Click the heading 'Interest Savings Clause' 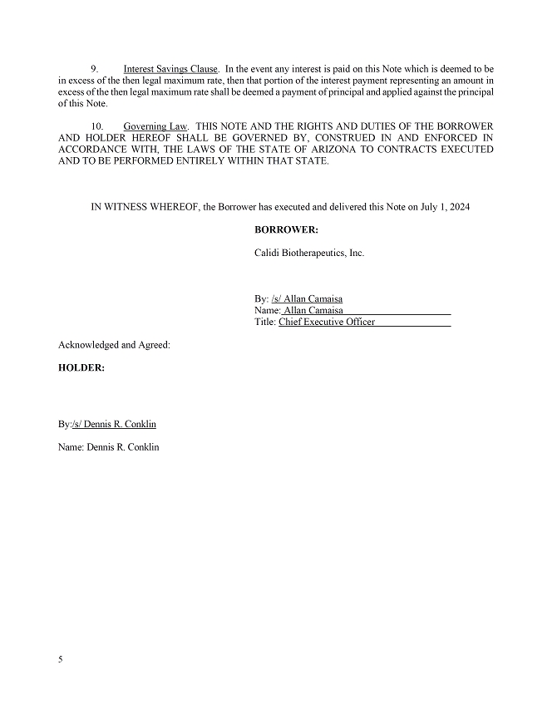(x=170, y=67)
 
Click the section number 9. (x=94, y=67)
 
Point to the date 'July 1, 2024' (x=444, y=207)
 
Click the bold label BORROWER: (x=286, y=229)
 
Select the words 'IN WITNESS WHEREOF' (x=145, y=207)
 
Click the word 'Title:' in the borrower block (x=265, y=322)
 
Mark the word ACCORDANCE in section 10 (x=96, y=150)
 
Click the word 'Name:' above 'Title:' (x=267, y=310)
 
